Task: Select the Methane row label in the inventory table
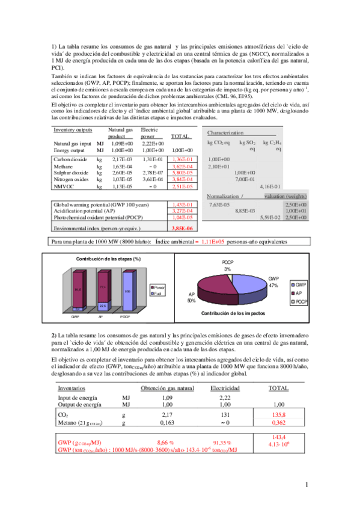click(x=64, y=165)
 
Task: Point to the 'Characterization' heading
click(x=225, y=132)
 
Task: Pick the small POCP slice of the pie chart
click(x=234, y=275)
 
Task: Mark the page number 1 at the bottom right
click(x=307, y=484)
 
